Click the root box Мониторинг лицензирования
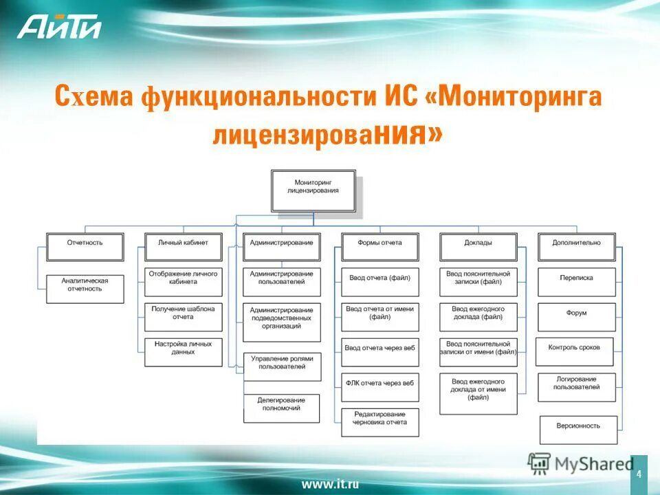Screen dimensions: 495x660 (x=313, y=190)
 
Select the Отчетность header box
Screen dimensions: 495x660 (x=85, y=246)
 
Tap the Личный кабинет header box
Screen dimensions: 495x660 (x=184, y=246)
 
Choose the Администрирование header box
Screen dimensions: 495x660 (x=282, y=246)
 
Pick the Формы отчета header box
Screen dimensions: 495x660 (x=380, y=246)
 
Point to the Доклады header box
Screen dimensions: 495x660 (x=478, y=246)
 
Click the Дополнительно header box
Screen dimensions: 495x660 (x=576, y=246)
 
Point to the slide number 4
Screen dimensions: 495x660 (x=639, y=474)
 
